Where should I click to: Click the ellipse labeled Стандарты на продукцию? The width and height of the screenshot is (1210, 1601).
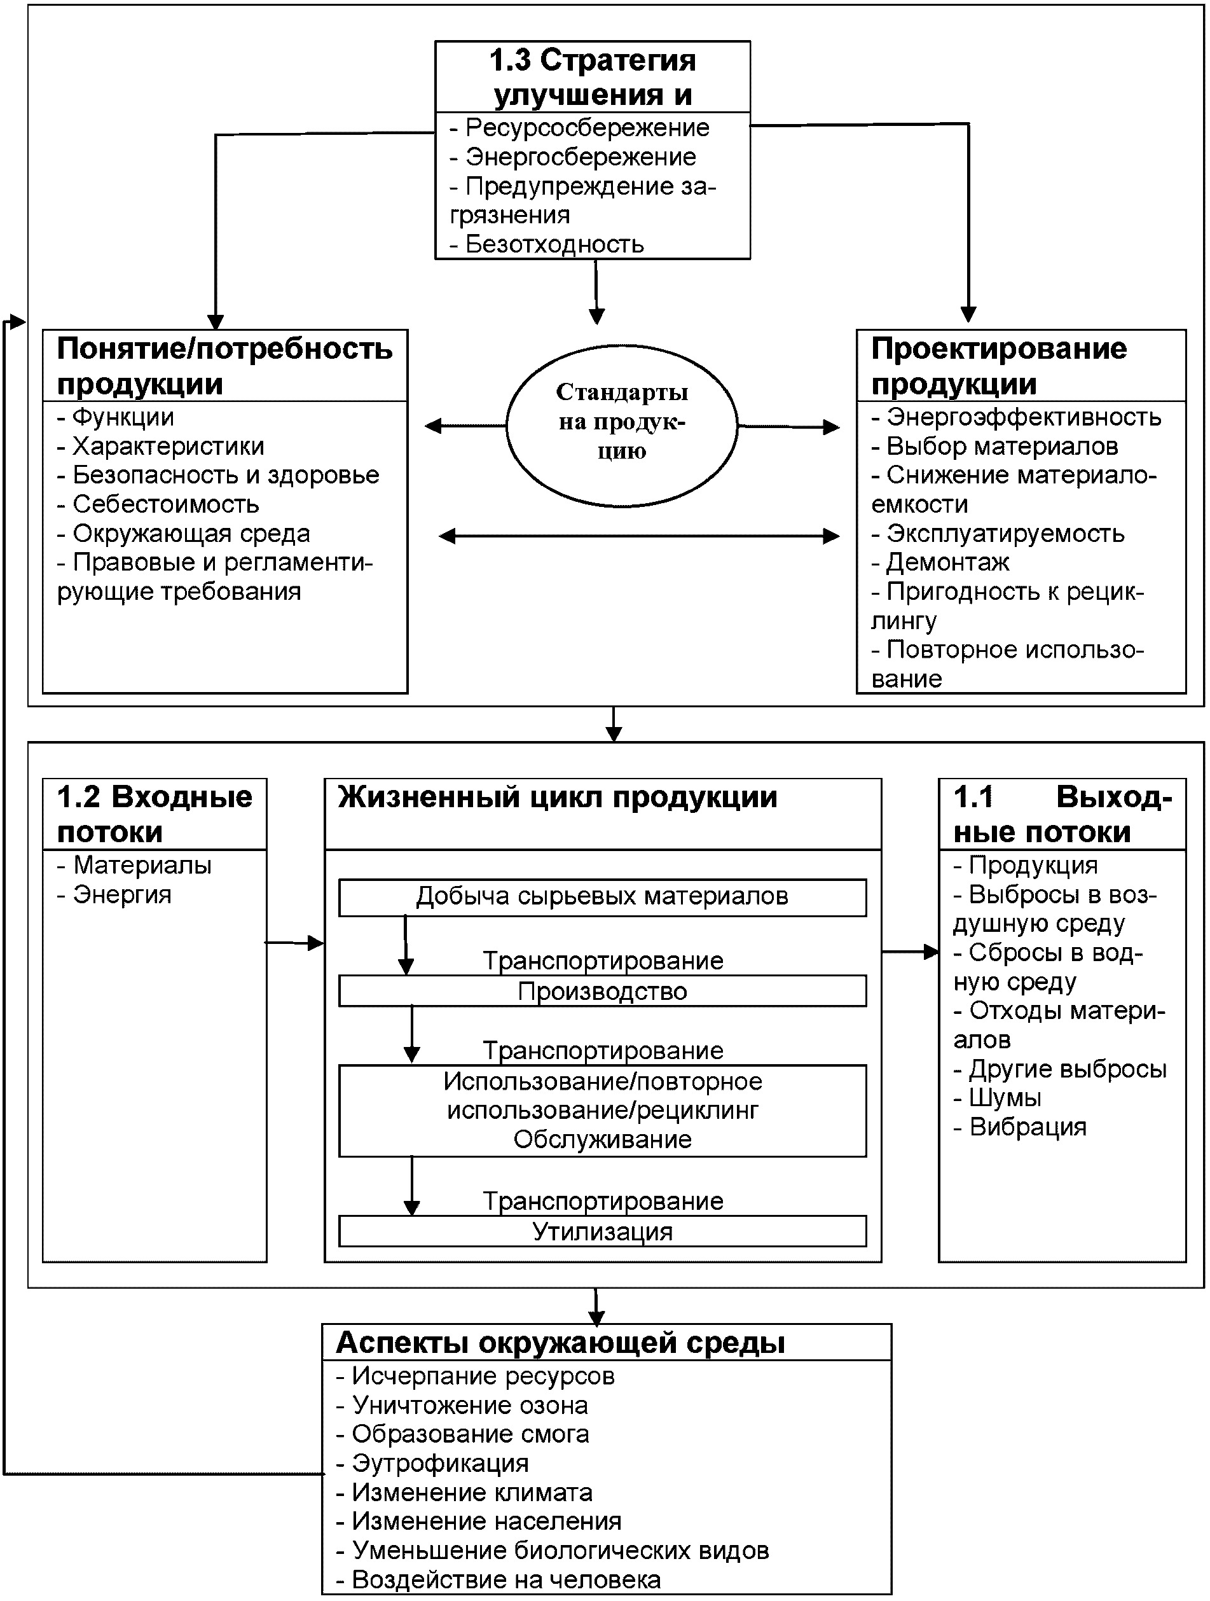pos(621,425)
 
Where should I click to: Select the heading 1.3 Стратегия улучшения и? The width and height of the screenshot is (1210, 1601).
pos(592,77)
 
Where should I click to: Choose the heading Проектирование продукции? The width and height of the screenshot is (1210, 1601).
pos(999,366)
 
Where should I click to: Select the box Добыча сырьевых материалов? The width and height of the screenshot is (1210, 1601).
pos(602,897)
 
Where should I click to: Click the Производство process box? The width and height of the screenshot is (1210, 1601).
pos(602,991)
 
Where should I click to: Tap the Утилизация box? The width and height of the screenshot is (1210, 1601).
pos(602,1231)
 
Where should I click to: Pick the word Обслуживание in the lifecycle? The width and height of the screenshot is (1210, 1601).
pos(602,1139)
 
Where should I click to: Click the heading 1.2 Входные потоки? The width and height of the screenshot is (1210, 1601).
pos(154,814)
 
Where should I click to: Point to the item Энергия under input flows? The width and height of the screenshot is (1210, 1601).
pos(121,894)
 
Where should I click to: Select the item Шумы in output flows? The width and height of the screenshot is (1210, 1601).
pos(1005,1098)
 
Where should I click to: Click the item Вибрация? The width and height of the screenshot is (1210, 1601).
pos(1027,1127)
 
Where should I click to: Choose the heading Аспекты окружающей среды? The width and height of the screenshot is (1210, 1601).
pos(561,1343)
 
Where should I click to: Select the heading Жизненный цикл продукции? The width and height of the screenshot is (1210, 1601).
pos(557,798)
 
